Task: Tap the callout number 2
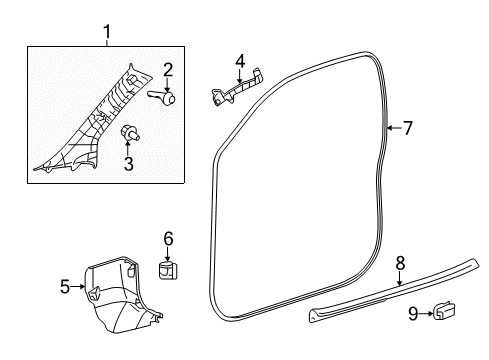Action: pyautogui.click(x=168, y=69)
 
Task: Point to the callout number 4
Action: pyautogui.click(x=240, y=62)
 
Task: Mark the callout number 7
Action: pyautogui.click(x=408, y=127)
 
